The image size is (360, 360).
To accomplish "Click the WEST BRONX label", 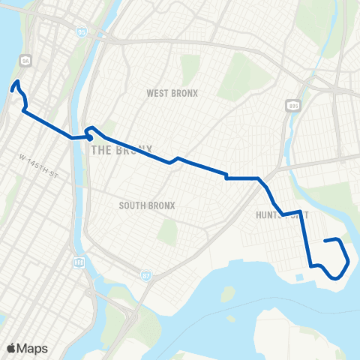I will coord(172,93).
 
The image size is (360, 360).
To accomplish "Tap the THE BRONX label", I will coord(121,149).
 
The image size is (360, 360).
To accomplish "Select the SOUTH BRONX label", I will coord(147,205).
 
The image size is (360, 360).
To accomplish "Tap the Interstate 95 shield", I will coord(81,31).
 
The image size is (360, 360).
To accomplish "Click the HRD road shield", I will coord(78,262).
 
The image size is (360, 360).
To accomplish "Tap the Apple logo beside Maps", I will coord(12,348).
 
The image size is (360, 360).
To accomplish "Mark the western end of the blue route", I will coord(13,88).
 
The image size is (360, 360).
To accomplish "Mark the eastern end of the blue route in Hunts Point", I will coord(325,241).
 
